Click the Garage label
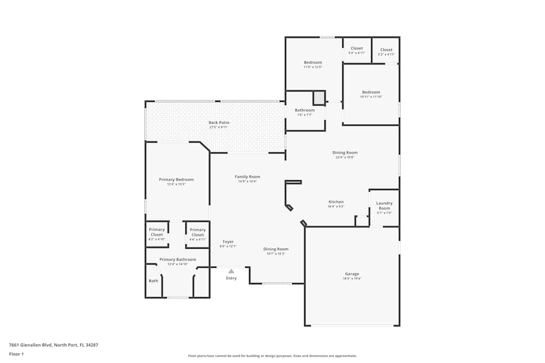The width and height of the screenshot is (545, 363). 352,274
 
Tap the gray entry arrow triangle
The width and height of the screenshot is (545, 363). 231,270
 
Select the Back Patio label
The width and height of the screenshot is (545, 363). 219,122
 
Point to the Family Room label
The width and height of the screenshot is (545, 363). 247,176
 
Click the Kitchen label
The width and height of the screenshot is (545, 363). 336,202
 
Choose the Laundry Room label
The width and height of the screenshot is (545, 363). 384,206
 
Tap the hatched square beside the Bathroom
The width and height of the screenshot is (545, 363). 318,98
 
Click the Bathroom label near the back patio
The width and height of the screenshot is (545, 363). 305,110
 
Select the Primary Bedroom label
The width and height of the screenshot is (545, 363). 176,179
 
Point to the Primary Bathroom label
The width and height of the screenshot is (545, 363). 178,260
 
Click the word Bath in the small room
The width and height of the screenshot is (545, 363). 154,281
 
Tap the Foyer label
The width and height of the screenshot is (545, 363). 228,242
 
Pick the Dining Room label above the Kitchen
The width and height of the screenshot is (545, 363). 344,152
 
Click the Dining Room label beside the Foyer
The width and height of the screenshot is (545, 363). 276,249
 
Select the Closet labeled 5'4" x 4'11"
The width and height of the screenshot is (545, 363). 356,53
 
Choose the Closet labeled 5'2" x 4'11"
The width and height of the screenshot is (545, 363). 386,54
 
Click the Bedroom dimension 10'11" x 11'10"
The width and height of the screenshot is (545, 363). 371,97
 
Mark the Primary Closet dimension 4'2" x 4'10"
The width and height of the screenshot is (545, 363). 156,239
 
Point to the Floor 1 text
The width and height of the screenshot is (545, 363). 16,354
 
